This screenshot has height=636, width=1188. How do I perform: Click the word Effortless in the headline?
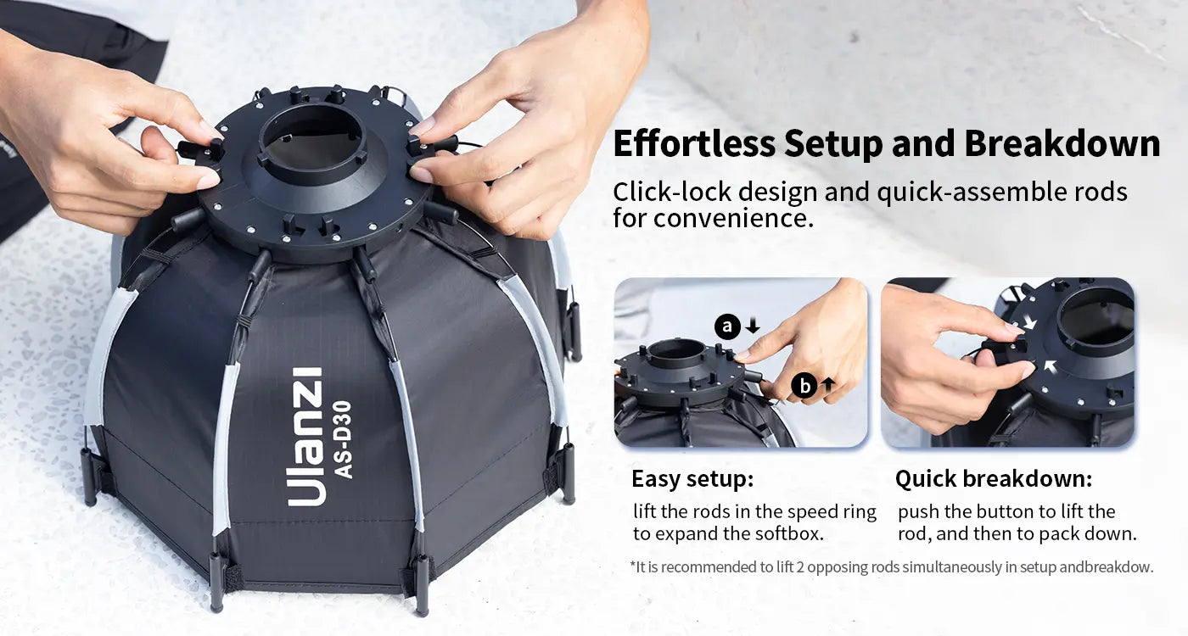pos(694,143)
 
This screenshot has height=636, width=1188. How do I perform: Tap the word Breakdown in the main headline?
pos(1062,143)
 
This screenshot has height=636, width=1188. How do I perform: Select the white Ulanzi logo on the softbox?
pos(305,437)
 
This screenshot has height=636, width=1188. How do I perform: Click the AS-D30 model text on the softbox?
pos(344,440)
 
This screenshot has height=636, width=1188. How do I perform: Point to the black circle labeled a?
pos(727,326)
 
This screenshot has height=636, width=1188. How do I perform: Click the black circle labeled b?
pos(804,385)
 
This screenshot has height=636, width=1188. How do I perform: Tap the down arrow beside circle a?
pos(753,326)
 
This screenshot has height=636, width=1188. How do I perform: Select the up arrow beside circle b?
pos(828,385)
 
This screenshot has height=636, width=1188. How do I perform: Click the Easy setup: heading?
pos(692,479)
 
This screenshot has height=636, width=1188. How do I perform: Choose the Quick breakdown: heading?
pos(994,479)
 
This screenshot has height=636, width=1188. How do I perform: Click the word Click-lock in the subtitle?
pos(672,192)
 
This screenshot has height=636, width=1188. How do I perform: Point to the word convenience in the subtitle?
pos(733,218)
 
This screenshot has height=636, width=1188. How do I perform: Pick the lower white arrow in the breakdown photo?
pos(1049,366)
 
